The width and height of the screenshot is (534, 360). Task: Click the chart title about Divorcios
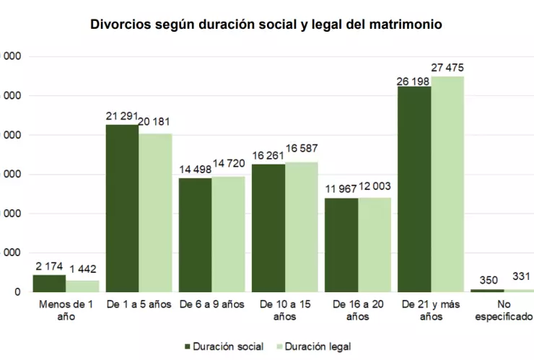pos(266,25)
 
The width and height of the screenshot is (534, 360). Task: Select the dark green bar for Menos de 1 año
pos(49,284)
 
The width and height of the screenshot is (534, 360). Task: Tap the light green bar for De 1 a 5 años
pos(155,212)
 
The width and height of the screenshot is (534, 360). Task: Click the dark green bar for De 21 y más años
pos(414,189)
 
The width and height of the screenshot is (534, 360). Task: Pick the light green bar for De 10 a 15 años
pos(302,227)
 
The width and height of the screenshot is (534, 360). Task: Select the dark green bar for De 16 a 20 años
pos(341,245)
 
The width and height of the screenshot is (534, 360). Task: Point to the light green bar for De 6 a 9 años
pos(228,234)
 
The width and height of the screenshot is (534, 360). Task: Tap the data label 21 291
pos(122,115)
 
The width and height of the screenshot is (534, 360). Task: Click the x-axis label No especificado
pos(503,310)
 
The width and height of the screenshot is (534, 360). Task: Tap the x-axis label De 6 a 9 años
pos(211,304)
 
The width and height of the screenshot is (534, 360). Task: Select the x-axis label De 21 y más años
pos(430,310)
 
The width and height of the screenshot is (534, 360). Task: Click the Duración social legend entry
pos(224,347)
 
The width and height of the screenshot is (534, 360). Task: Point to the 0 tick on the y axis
pos(16,292)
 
